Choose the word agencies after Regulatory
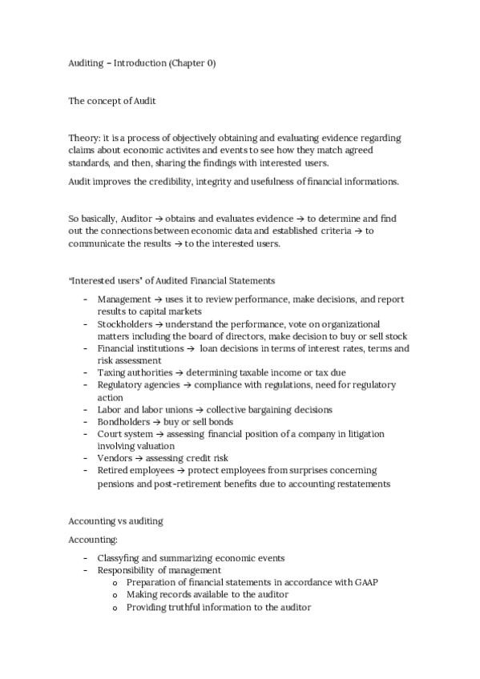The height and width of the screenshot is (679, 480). pyautogui.click(x=161, y=385)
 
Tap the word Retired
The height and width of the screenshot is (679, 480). pyautogui.click(x=112, y=471)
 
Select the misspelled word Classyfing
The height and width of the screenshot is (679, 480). pyautogui.click(x=120, y=558)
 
